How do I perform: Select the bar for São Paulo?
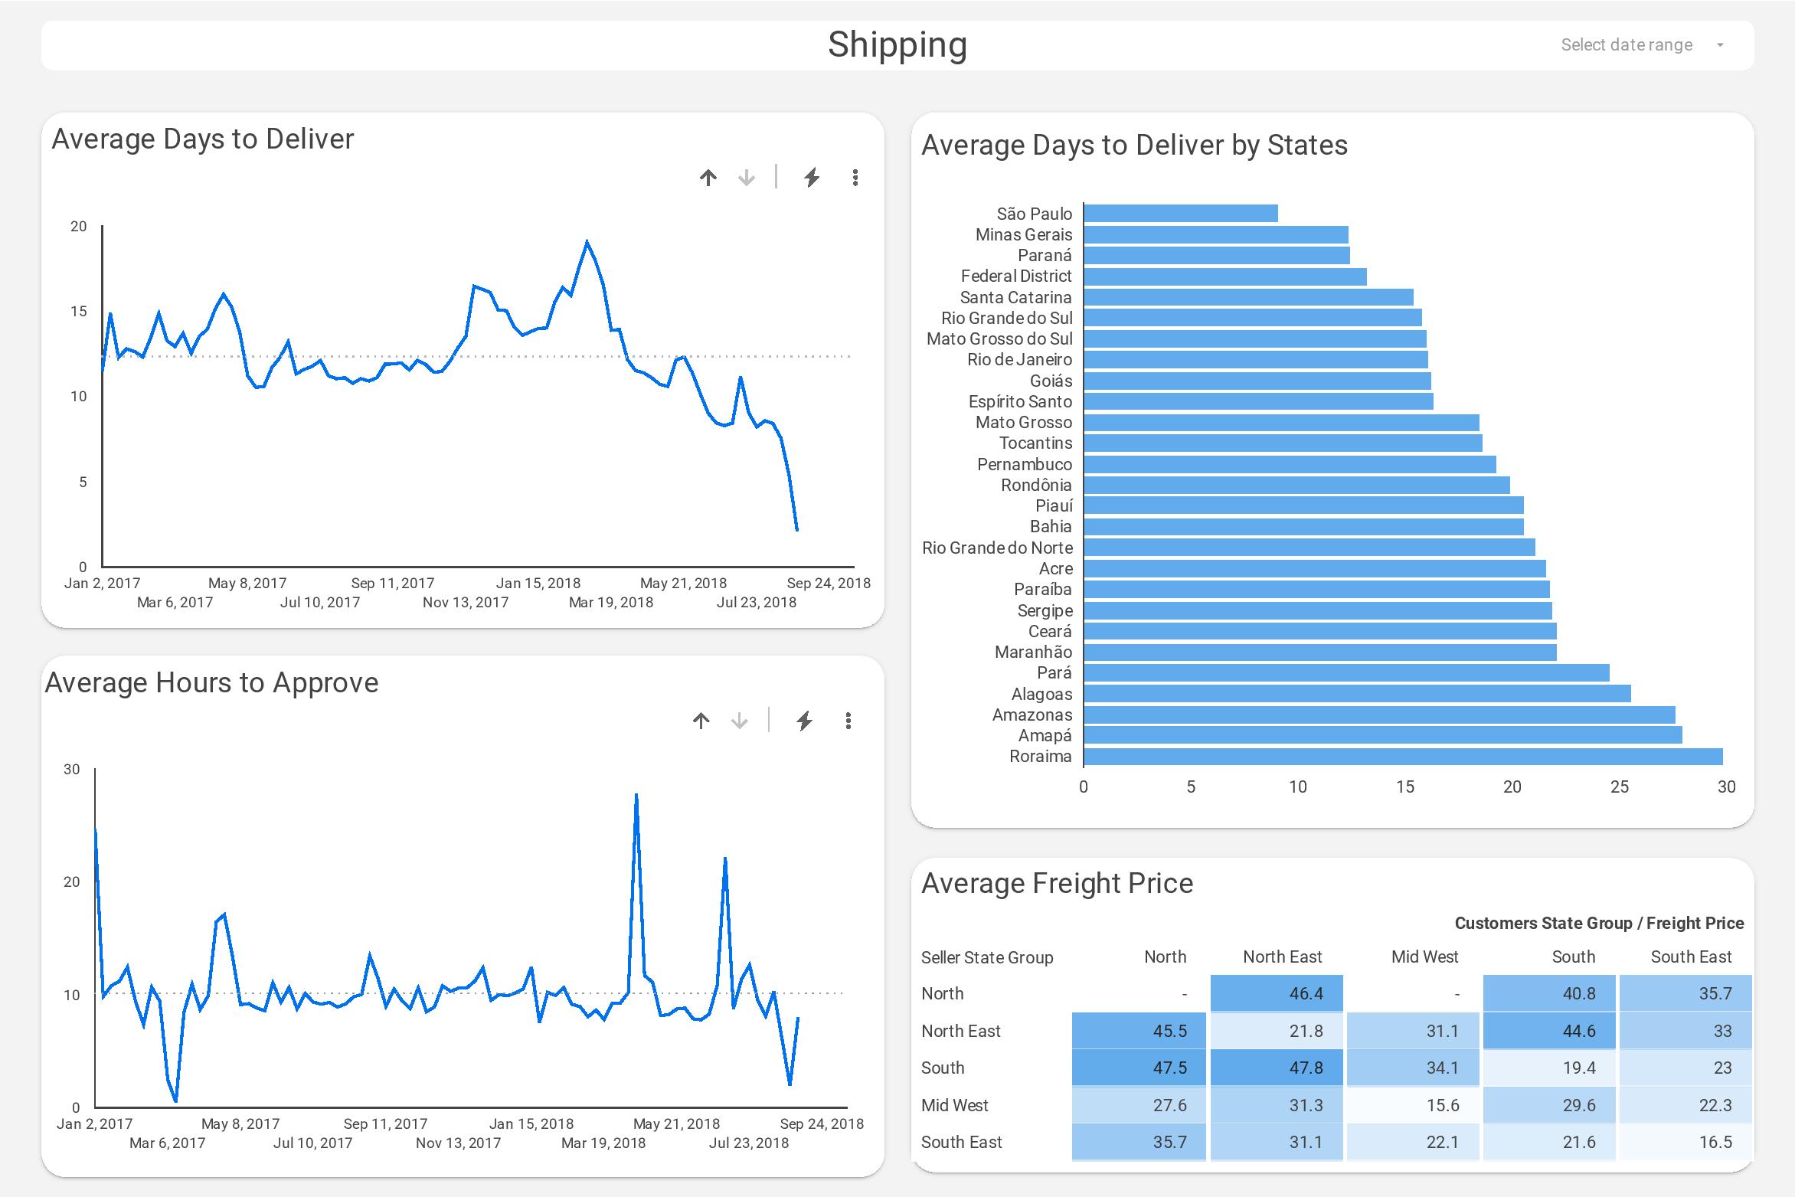[1180, 214]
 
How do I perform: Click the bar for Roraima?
[1402, 757]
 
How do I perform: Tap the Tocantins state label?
[1035, 443]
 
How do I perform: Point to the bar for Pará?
[1345, 673]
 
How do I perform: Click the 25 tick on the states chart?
[1619, 787]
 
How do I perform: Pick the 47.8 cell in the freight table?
[1276, 1068]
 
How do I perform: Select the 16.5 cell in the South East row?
[1685, 1143]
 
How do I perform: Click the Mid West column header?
[1424, 957]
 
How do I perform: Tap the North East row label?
[960, 1032]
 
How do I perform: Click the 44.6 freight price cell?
[1549, 1032]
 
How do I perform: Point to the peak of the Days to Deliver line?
[587, 242]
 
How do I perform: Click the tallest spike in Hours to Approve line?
[636, 796]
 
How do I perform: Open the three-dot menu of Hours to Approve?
[848, 721]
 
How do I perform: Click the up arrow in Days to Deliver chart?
[708, 178]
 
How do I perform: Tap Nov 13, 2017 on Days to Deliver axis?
[466, 603]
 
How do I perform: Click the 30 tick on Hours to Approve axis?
[72, 769]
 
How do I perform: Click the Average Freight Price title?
[1057, 884]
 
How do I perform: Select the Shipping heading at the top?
[897, 44]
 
